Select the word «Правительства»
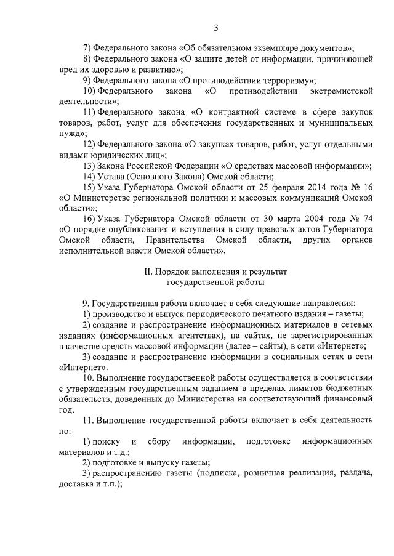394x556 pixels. pyautogui.click(x=175, y=240)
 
